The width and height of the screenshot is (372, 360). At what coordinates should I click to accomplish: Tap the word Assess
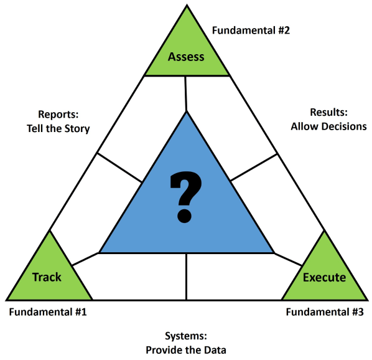pyautogui.click(x=186, y=57)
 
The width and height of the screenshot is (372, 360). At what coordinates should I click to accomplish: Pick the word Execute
pyautogui.click(x=323, y=277)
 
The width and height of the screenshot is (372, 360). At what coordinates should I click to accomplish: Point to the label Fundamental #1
pyautogui.click(x=47, y=311)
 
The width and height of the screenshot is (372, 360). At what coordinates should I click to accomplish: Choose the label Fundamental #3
pyautogui.click(x=324, y=311)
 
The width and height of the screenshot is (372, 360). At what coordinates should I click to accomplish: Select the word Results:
pyautogui.click(x=328, y=112)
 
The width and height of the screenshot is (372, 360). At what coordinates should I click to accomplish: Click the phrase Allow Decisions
pyautogui.click(x=328, y=126)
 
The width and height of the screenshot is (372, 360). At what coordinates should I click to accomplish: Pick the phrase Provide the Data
pyautogui.click(x=185, y=349)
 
